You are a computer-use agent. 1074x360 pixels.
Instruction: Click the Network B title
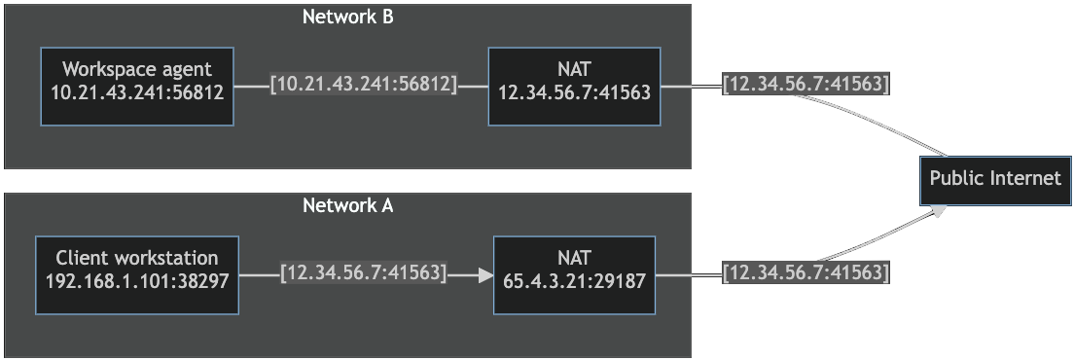[347, 17]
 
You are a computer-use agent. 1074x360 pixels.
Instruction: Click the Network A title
[347, 205]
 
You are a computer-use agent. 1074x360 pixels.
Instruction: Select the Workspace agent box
[137, 86]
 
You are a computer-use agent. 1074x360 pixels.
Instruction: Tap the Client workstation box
[137, 274]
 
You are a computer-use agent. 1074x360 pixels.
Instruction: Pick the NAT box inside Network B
[574, 86]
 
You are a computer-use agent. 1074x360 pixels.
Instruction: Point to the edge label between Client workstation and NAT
[363, 274]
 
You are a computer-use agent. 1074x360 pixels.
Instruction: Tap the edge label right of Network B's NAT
[805, 86]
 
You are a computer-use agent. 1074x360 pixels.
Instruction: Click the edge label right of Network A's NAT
[805, 274]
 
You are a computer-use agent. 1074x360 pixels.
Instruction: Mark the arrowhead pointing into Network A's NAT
[485, 274]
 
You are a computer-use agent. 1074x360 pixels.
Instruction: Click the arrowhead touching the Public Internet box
[940, 209]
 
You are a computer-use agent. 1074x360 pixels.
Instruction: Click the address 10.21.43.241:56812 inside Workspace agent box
[137, 94]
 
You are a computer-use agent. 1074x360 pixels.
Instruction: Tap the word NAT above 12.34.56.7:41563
[574, 70]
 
